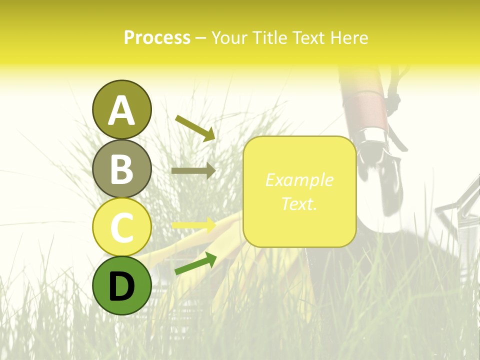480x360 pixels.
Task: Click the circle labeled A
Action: coord(121,109)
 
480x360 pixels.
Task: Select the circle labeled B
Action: coord(121,168)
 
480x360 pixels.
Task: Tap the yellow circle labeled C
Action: coord(121,227)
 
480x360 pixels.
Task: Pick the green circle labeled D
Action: coord(121,285)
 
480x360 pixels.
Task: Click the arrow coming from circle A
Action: coord(195,127)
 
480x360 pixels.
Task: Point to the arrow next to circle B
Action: coord(193,170)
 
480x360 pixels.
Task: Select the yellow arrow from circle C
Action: coord(193,225)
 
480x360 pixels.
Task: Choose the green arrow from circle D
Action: coord(195,263)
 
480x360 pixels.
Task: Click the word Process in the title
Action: coord(157,38)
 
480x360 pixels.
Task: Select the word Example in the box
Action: coord(299,180)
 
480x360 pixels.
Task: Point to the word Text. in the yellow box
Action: coord(299,203)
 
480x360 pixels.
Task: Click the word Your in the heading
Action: coord(229,38)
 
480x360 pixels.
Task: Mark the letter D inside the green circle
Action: coord(121,286)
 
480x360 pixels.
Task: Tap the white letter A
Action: coord(121,110)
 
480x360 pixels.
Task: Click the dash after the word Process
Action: coord(200,38)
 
